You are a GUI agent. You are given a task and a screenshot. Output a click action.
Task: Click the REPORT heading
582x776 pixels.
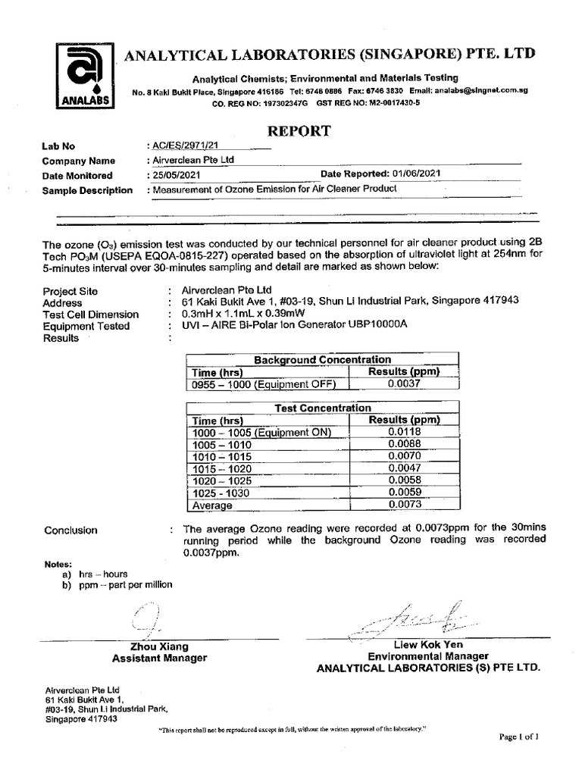click(x=299, y=130)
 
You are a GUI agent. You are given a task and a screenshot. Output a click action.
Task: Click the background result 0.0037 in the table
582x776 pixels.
click(x=403, y=383)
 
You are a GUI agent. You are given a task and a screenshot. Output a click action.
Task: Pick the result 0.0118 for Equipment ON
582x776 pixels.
click(x=403, y=432)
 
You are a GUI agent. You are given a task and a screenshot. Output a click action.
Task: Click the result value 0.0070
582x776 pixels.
click(x=403, y=456)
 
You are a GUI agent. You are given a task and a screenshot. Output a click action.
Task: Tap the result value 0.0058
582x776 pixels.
click(x=403, y=480)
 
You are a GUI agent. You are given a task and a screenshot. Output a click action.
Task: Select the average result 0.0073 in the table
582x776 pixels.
click(x=403, y=505)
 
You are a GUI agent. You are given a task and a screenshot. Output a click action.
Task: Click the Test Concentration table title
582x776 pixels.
click(x=322, y=408)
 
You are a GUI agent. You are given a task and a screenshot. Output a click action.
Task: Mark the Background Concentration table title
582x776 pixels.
click(x=322, y=359)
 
